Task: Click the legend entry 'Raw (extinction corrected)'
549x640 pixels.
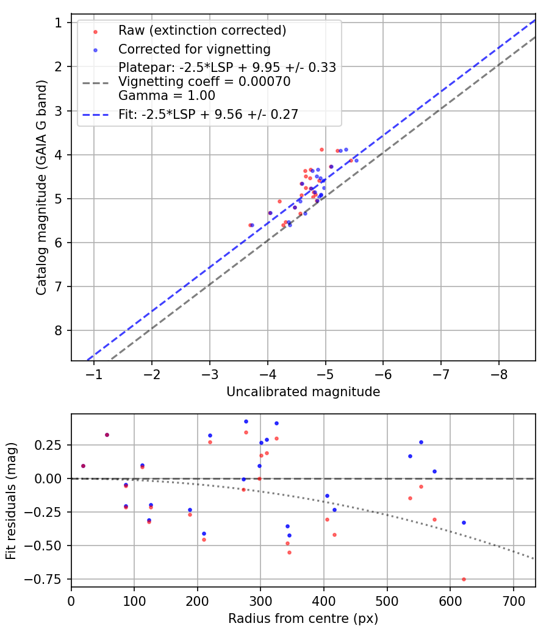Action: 202,30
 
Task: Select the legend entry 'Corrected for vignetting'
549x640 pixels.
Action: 194,49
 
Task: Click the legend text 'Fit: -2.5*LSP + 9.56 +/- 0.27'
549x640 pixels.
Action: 208,114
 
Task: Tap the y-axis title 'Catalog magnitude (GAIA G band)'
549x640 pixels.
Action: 41,191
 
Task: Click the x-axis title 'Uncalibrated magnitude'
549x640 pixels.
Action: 303,392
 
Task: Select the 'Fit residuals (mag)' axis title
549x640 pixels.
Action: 11,500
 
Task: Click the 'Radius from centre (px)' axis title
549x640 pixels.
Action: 303,619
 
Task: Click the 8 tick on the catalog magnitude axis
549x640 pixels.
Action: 59,331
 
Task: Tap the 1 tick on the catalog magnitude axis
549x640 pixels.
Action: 59,23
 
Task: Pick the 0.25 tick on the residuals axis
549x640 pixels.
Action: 54,445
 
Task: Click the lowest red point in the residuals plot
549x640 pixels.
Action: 464,579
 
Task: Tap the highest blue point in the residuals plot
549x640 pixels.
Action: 246,421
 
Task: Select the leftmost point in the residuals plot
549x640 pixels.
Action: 83,466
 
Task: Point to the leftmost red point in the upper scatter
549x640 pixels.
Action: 250,225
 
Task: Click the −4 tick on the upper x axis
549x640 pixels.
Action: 268,373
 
